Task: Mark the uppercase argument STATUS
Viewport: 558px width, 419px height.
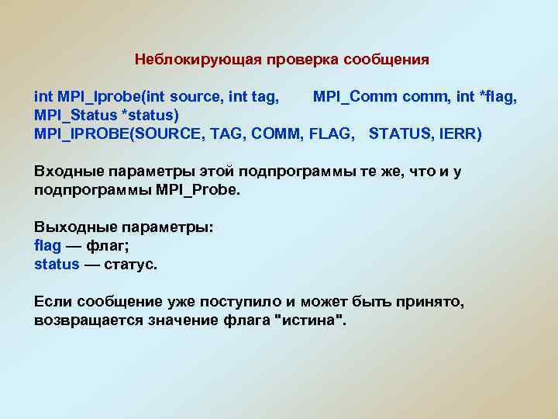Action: point(399,134)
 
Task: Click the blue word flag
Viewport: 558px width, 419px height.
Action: point(47,246)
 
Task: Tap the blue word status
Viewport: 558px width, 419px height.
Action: point(57,265)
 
